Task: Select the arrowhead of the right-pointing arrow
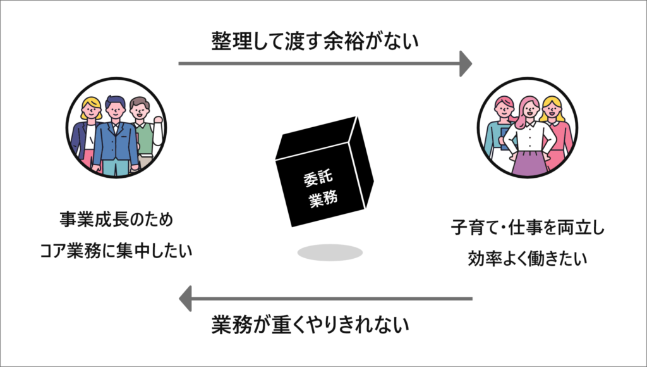(466, 63)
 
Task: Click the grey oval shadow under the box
(330, 252)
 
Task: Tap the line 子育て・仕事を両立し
(528, 228)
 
